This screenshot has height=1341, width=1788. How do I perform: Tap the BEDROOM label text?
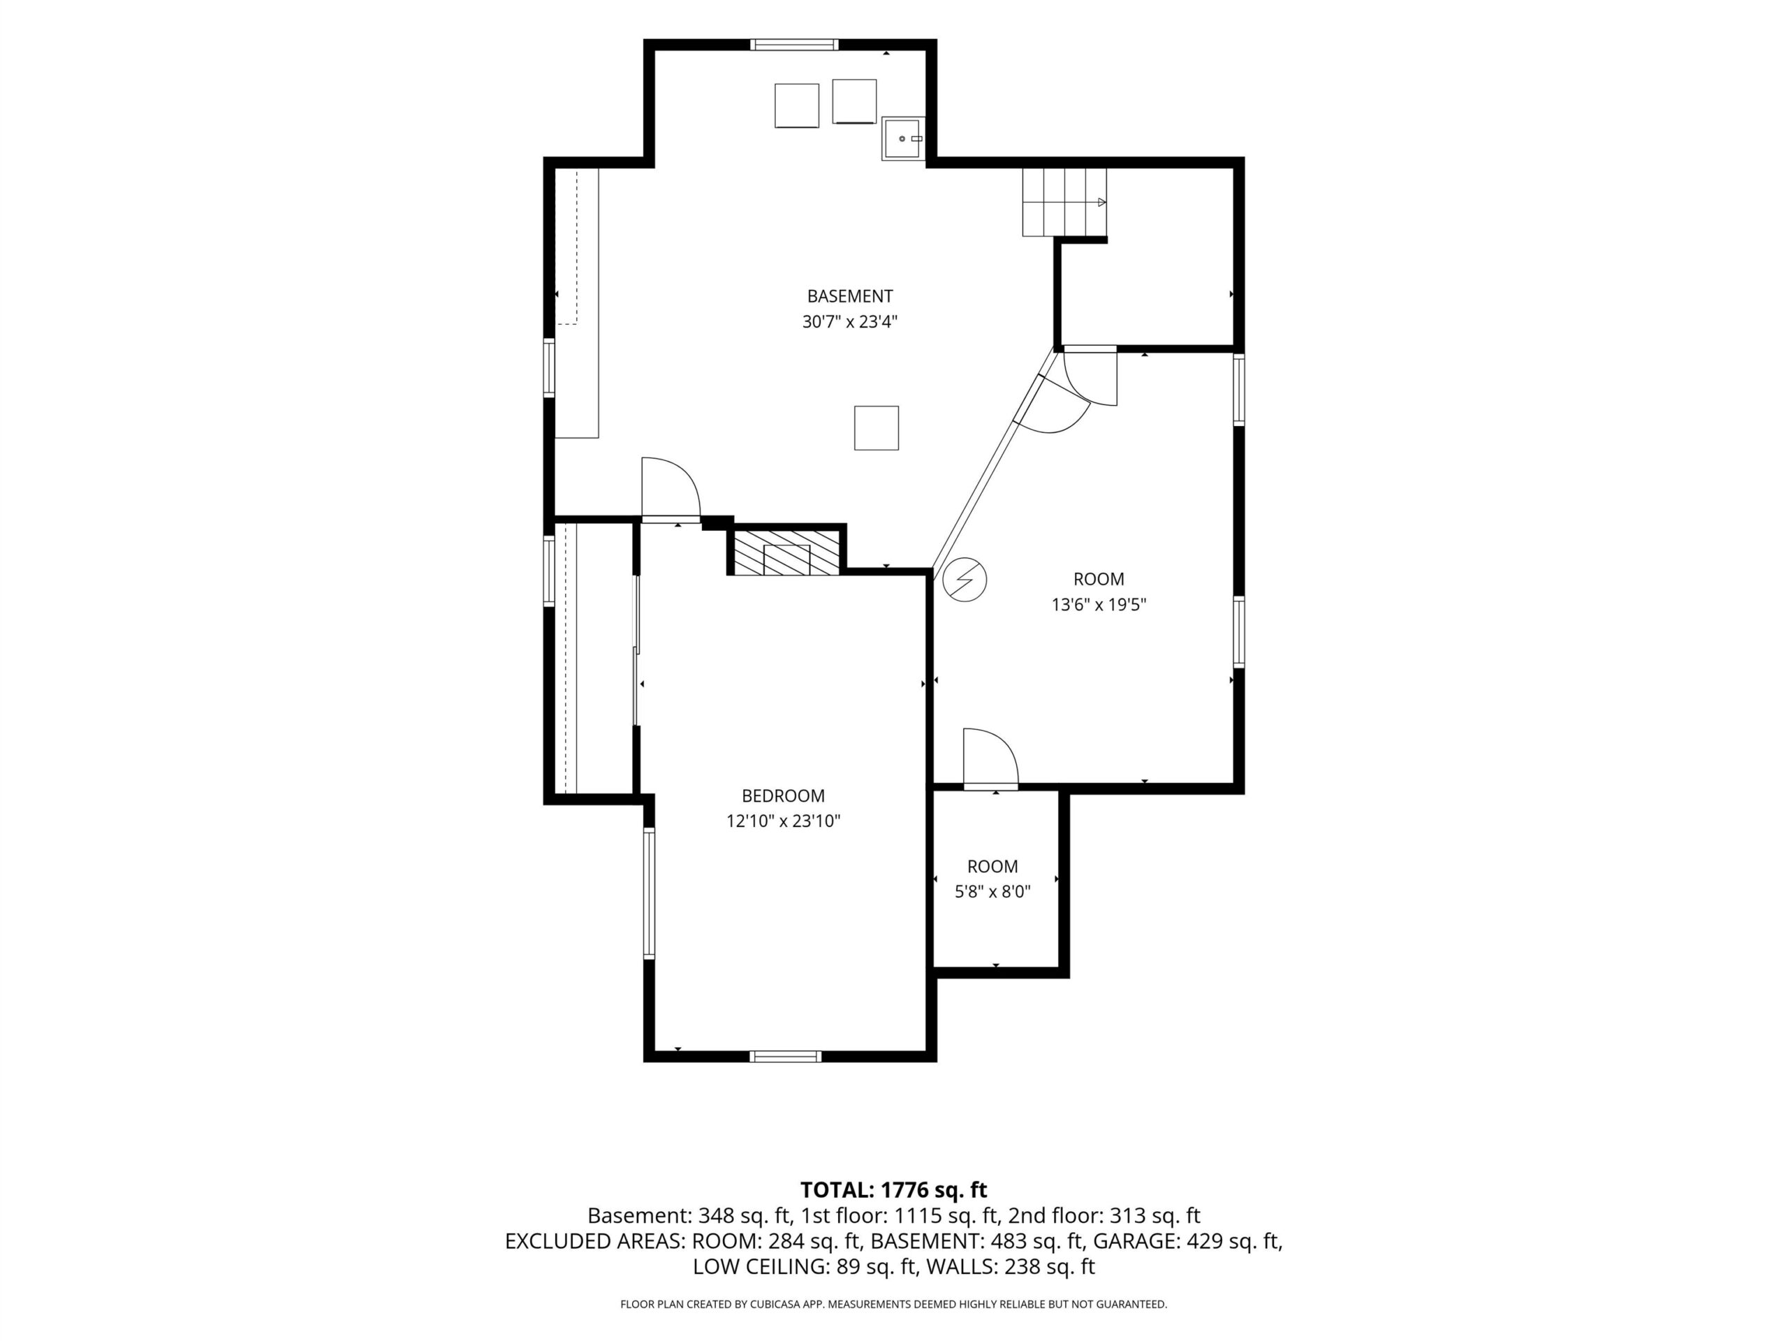coord(783,796)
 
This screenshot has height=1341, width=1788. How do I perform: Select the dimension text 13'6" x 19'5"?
coord(1099,605)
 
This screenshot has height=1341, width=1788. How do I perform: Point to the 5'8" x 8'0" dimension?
coord(992,892)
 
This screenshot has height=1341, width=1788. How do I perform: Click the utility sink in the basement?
coord(903,139)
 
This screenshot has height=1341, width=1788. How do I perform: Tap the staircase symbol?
coord(1064,202)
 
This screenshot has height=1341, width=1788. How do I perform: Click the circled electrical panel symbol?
coord(965,580)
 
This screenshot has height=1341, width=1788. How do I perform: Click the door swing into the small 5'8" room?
coord(990,756)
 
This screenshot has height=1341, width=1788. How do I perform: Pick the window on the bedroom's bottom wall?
coord(786,1055)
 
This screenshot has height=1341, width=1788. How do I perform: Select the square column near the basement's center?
coord(877,427)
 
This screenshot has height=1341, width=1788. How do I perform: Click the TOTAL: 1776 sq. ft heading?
coord(893,1190)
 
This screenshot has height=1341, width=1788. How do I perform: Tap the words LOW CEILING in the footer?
coord(760,1267)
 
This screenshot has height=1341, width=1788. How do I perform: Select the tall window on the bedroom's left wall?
coord(649,893)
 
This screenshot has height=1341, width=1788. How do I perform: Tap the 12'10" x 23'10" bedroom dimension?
coord(783,821)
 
